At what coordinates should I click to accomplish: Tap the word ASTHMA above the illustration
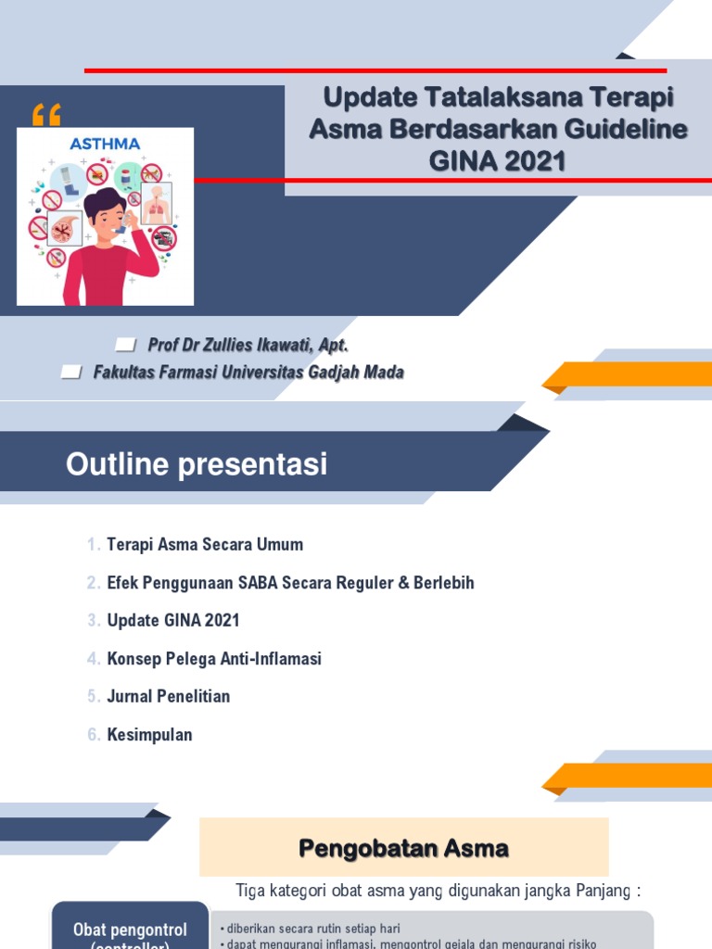pos(106,144)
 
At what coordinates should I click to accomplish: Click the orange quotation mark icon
pos(45,115)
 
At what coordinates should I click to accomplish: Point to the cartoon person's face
pos(108,219)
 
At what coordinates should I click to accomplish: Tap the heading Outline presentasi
pos(197,464)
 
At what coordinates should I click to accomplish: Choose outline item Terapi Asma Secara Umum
pos(205,545)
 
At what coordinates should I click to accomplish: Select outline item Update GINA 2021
pos(173,621)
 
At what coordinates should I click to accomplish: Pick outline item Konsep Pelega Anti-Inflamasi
pos(214,659)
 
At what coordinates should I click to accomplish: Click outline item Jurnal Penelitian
pos(169,697)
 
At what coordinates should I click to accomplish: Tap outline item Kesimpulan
pos(149,735)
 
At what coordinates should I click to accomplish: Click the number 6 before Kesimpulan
pos(94,735)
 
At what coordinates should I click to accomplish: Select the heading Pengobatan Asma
pos(403,848)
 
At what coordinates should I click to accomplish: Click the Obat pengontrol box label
pos(130,930)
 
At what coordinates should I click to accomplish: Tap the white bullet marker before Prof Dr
pos(125,346)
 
